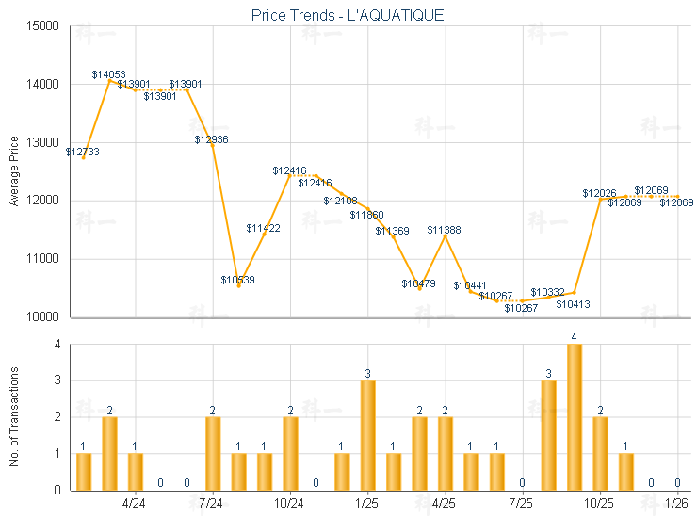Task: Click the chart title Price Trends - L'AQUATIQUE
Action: click(348, 15)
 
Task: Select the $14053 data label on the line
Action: click(108, 73)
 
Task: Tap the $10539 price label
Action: click(237, 280)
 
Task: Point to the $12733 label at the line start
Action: click(82, 152)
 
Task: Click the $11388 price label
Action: click(444, 230)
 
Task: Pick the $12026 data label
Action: click(599, 193)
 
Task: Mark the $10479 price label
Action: click(418, 283)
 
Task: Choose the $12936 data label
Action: click(211, 139)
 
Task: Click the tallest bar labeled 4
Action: click(574, 416)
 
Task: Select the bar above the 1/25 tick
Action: click(368, 434)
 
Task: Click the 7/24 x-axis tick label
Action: click(212, 505)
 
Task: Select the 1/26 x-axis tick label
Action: click(677, 505)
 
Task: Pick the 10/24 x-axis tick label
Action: click(289, 505)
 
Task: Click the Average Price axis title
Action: click(13, 171)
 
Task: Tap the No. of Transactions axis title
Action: click(13, 416)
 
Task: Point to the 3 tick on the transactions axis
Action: click(57, 381)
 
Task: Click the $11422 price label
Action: click(263, 228)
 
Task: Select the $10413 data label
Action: click(573, 304)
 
